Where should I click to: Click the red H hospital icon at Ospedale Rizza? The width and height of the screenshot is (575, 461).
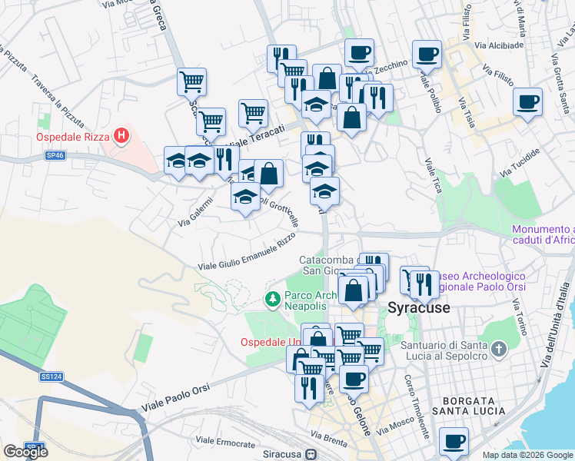[121, 138]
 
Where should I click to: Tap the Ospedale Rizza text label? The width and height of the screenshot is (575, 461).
[73, 138]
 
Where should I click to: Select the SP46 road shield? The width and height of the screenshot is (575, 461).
[55, 155]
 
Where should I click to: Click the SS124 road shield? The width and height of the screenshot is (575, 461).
[51, 376]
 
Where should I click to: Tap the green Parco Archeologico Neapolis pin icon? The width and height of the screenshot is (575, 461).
[271, 298]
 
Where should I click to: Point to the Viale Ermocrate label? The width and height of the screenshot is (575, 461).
[224, 443]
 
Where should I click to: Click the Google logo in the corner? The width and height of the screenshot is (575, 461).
[25, 452]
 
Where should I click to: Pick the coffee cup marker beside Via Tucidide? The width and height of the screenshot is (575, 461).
[527, 102]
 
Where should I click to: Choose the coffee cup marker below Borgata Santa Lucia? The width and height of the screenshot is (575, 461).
[454, 442]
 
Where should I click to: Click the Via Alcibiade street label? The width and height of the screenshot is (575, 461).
[499, 45]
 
